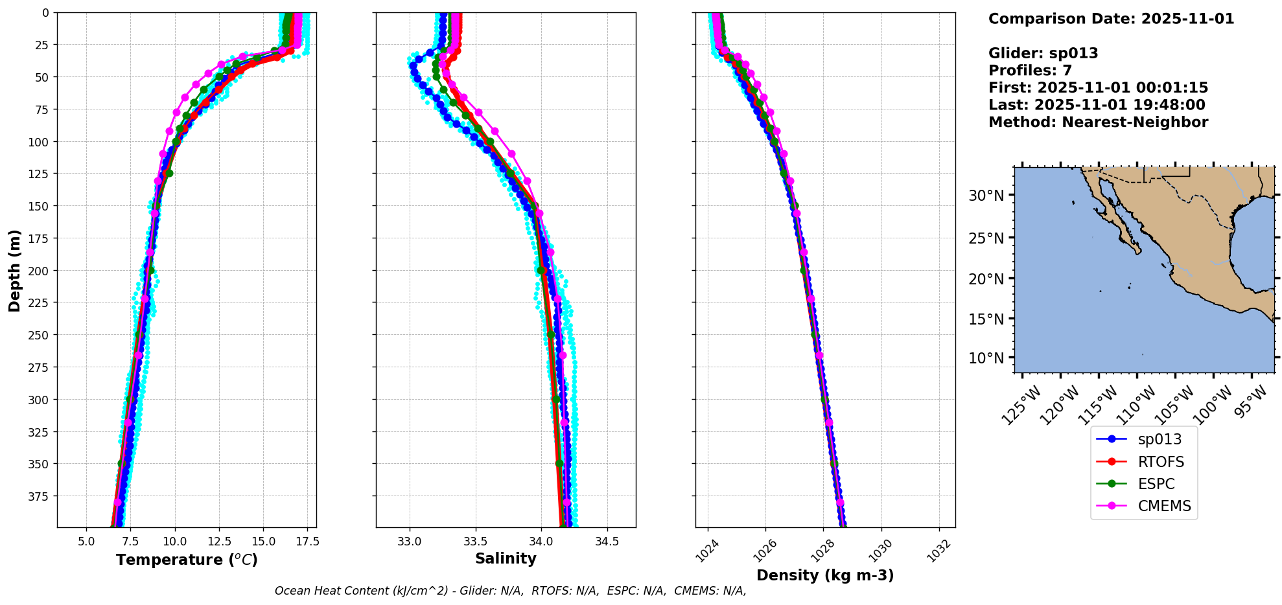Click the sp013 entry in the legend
1159,439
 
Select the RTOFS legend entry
1160,462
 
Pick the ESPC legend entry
1156,484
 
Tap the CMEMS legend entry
1164,506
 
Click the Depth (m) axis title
14,270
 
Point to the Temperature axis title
187,560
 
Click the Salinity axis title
506,558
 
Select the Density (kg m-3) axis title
825,575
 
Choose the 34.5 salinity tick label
607,542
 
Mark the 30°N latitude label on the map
986,196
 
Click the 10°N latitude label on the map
986,358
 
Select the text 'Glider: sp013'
1043,53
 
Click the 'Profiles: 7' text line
1030,71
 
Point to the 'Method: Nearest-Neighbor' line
1098,122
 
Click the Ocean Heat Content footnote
510,591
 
